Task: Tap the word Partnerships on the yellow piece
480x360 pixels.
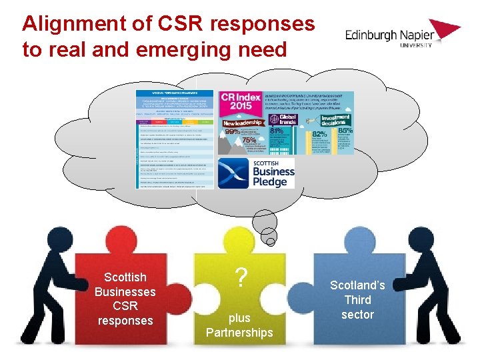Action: click(239, 332)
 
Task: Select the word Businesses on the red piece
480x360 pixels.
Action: click(125, 291)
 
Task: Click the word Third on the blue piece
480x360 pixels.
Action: click(358, 300)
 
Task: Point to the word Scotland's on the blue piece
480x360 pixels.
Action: click(358, 285)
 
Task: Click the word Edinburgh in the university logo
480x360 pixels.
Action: click(371, 35)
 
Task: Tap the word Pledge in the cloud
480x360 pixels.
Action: click(269, 181)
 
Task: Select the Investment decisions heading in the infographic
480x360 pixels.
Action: click(335, 121)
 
